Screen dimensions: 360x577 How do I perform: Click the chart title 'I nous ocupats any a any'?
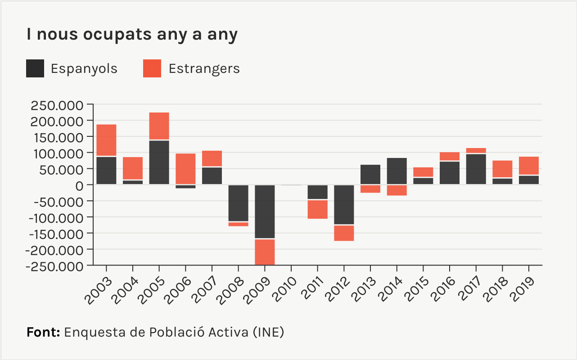(x=132, y=35)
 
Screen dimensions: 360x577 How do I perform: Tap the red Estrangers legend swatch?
(x=152, y=68)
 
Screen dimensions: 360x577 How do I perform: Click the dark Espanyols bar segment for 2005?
(x=159, y=162)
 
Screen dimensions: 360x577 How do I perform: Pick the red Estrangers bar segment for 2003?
(x=107, y=140)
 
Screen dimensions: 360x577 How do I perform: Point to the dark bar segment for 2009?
(x=265, y=211)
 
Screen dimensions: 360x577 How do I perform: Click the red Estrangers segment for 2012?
(x=344, y=233)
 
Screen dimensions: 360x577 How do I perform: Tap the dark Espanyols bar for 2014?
(x=397, y=171)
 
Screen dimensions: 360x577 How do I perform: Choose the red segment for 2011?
(x=318, y=209)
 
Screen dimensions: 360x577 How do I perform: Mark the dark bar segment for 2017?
(x=476, y=169)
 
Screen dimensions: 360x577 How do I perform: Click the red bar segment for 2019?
(x=528, y=166)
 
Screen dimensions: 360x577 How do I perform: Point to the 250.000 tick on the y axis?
(x=57, y=106)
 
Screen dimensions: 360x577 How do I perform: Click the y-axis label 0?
(x=80, y=185)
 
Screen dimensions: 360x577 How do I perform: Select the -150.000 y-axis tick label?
(x=55, y=234)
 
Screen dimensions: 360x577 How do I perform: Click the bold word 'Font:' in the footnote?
(x=43, y=333)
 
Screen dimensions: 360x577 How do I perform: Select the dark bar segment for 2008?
(x=238, y=203)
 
